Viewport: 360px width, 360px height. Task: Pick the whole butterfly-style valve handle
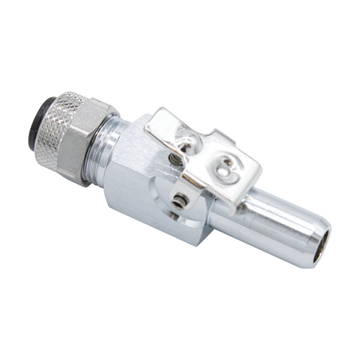click(205, 155)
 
